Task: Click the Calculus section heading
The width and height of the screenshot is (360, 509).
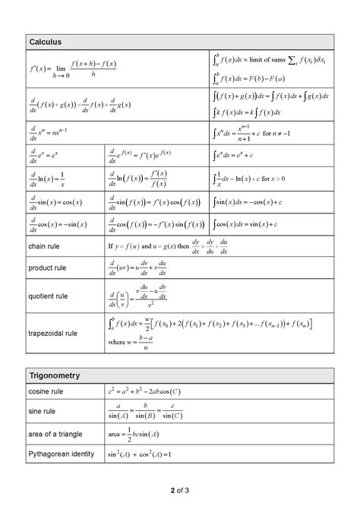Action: [x=45, y=42]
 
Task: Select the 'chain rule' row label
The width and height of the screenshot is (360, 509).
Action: [x=43, y=247]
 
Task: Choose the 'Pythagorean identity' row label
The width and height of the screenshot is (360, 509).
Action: [x=61, y=454]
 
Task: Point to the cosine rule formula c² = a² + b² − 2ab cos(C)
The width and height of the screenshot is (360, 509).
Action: [x=144, y=391]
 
